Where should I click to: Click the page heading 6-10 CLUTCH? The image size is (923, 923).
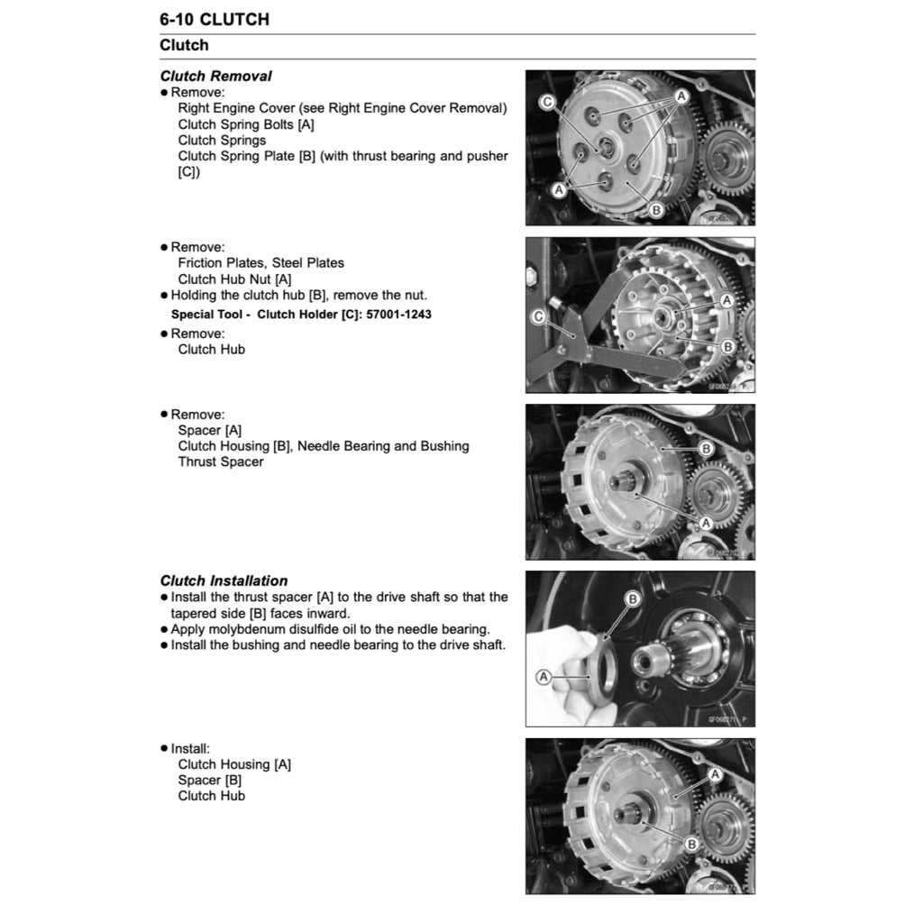[215, 19]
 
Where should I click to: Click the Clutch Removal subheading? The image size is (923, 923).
[215, 77]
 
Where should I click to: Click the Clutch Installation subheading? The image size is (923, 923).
[224, 580]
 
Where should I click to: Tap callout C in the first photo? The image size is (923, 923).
[546, 103]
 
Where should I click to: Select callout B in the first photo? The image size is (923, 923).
[656, 210]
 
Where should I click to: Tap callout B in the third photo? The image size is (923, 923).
[706, 448]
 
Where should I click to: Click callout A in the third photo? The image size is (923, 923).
[706, 522]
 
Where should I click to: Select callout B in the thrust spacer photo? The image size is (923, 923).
[633, 599]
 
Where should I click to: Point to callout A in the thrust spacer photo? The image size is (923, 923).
[544, 676]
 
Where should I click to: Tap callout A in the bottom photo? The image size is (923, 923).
[715, 773]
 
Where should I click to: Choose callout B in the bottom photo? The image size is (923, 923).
[691, 845]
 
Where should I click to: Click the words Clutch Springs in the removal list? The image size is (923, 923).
[222, 141]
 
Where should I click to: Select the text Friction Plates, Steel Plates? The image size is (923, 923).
[260, 263]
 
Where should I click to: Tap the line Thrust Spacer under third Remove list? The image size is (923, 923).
[221, 461]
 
